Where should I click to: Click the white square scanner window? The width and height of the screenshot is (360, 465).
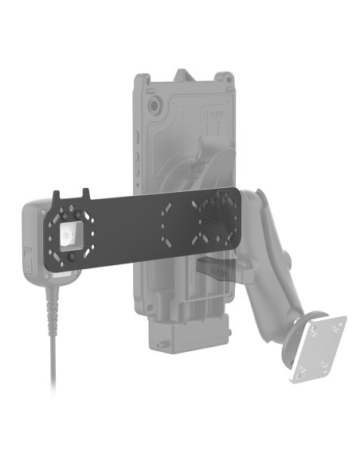click(68, 234)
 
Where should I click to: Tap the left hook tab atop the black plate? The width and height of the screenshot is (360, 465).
click(57, 194)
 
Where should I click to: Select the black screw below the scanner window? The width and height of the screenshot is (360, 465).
click(72, 257)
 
